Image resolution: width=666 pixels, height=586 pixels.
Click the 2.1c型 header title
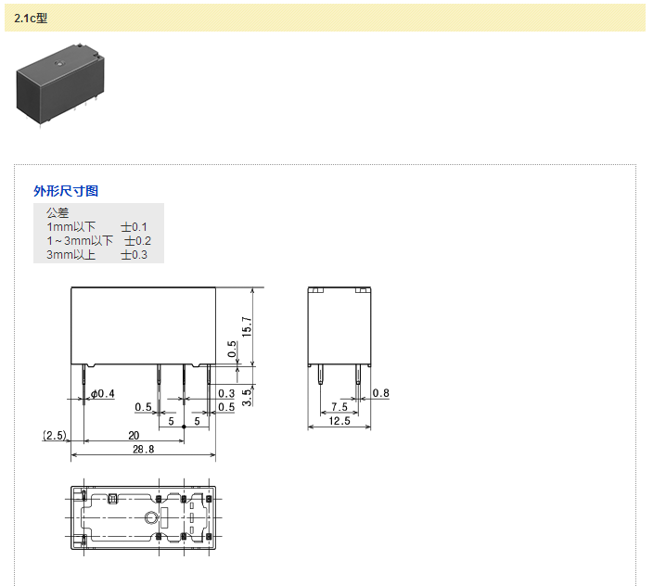pos(31,19)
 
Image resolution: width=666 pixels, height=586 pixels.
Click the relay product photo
pos(60,84)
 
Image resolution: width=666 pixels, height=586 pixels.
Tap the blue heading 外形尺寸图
pos(66,191)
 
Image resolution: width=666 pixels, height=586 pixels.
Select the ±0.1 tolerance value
pos(134,227)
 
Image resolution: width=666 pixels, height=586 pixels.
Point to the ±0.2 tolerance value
pos(137,241)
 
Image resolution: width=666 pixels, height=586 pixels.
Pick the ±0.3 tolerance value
pos(134,255)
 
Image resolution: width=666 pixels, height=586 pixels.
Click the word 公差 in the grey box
pos(58,212)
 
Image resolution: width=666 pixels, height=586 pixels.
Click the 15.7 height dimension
pos(247,326)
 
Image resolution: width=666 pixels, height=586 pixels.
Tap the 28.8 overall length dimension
pos(143,449)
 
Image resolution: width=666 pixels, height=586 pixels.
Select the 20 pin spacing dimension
pos(134,435)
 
